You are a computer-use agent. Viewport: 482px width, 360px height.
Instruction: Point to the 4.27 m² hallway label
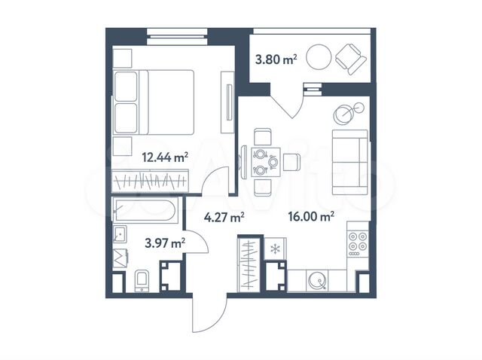click(224, 218)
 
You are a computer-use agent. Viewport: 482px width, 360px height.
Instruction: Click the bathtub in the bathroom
click(145, 210)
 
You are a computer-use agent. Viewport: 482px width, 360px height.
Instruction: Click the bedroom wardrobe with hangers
click(155, 182)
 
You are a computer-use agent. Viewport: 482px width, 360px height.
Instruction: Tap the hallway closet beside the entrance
click(249, 264)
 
